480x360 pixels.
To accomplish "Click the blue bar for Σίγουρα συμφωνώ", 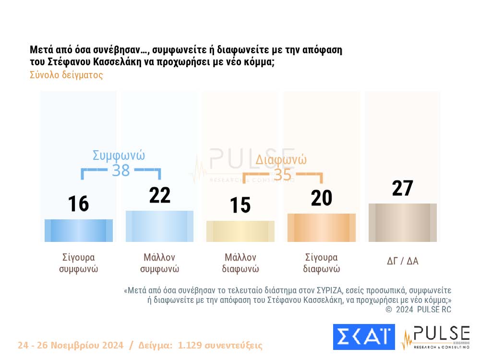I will (79, 230).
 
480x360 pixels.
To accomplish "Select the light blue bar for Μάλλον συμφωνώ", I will (159, 226).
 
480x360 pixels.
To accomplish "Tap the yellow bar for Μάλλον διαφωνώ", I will (240, 231).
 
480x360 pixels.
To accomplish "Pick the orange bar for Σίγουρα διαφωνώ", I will (322, 228).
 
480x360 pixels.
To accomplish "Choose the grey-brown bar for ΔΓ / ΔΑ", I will (403, 223).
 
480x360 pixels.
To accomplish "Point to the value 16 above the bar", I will (78, 204).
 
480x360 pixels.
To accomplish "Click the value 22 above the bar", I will (159, 195).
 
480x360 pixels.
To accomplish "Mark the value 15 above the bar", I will (240, 205).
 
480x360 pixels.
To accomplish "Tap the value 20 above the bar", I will (321, 198).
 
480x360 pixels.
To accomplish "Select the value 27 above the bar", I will (402, 188).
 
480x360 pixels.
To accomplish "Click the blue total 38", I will (121, 170).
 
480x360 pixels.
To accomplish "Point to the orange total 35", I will (282, 175).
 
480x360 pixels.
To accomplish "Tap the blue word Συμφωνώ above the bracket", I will (119, 156).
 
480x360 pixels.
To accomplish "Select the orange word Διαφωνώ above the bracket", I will (281, 159).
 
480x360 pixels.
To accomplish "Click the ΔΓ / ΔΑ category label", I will (403, 261).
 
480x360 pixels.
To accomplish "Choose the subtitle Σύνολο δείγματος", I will (66, 75).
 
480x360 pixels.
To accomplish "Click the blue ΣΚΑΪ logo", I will (364, 336).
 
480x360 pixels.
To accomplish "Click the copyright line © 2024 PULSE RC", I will (418, 310).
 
